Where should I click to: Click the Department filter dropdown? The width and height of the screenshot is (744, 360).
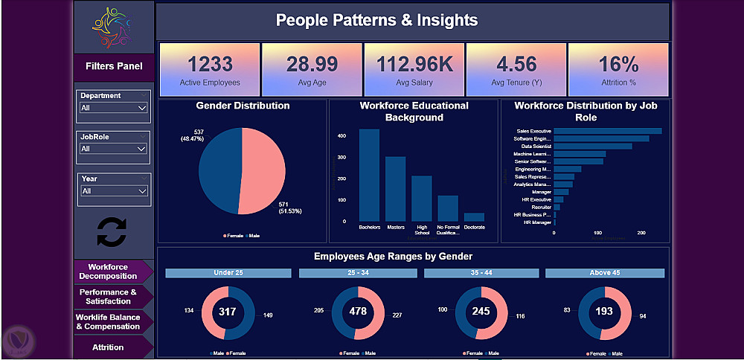coord(114,108)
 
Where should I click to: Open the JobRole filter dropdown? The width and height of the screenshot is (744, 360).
coord(114,149)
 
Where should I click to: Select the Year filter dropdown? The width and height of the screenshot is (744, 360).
coord(114,190)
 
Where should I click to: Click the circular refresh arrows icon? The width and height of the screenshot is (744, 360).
coord(112,231)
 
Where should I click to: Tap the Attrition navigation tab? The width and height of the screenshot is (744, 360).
coord(109,347)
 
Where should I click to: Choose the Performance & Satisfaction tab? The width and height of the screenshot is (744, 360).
coord(109,297)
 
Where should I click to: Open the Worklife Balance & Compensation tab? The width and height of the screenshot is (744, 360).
coord(109,322)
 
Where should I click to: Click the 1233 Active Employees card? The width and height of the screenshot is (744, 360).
coord(210,69)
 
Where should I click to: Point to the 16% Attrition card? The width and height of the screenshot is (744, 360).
coord(618,69)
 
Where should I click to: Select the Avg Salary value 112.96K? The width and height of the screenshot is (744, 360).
coord(414,64)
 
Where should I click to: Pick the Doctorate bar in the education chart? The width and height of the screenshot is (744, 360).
coord(474,216)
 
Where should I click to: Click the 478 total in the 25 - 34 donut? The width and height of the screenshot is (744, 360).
coord(358,311)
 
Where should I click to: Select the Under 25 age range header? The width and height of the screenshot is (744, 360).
coord(228,273)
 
